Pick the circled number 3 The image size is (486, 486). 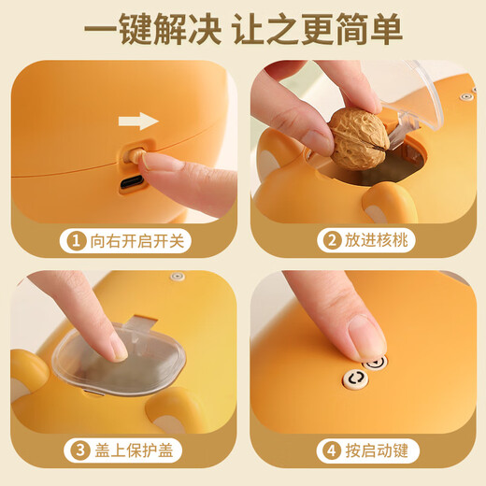point(76,451)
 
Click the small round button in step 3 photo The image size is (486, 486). point(177,278)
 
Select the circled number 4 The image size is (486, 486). point(331,451)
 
